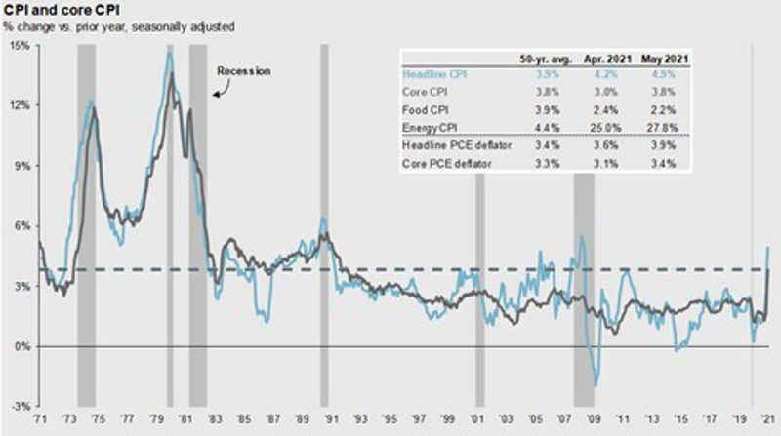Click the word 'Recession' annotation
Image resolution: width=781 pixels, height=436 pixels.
(242, 71)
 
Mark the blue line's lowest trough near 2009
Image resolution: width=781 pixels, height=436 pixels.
(596, 385)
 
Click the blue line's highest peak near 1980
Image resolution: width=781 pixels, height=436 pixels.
(169, 53)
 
